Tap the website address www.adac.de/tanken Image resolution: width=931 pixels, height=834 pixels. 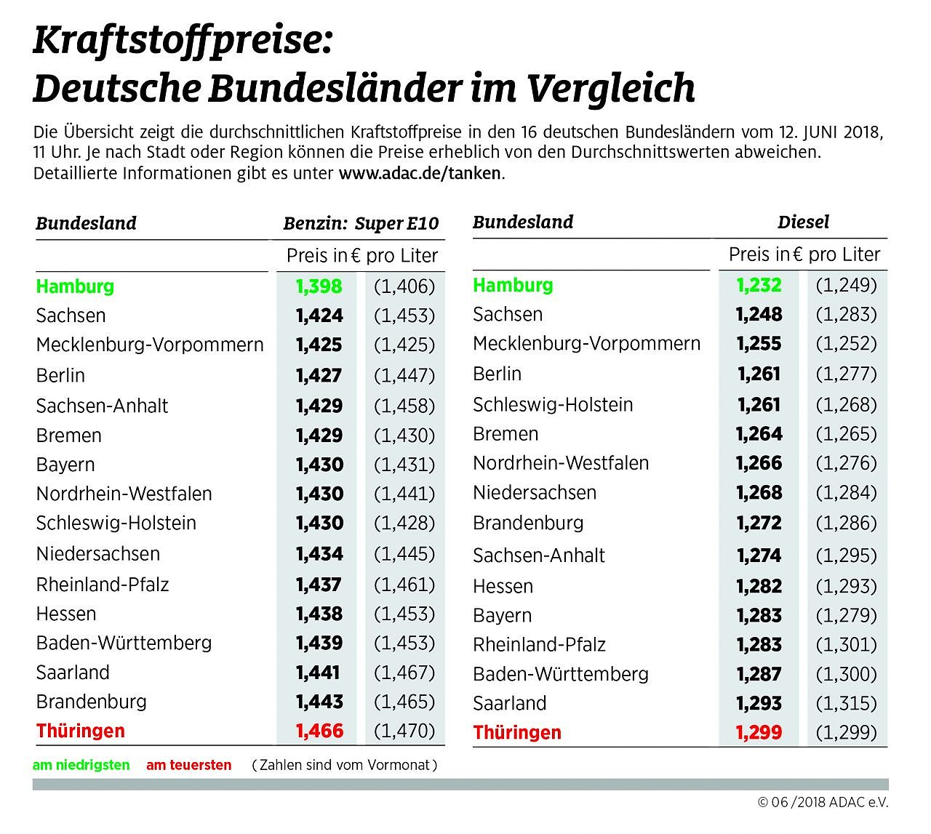coord(420,173)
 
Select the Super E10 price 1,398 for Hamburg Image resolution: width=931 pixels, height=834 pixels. coord(319,286)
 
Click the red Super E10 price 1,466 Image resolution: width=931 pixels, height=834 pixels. coord(319,731)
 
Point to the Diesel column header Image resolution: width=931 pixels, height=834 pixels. coord(803,222)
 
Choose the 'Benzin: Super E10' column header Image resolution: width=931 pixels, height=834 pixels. coord(361,223)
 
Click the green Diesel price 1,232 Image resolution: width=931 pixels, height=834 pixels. coord(759,284)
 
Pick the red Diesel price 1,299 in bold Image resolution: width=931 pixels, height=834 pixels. coord(759,732)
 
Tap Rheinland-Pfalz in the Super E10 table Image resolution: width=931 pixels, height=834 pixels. coord(103,584)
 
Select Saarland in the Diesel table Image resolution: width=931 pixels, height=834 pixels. coord(509,703)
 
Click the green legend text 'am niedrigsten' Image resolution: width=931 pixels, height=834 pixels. coord(81,765)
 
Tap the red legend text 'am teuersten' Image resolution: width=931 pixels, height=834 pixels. coord(189,765)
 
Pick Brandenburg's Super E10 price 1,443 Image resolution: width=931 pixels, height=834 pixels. coord(319,702)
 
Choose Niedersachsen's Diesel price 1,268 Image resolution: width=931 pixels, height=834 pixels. coord(759,492)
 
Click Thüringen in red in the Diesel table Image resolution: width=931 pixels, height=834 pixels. coord(517,732)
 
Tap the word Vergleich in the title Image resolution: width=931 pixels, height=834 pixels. coord(611,89)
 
